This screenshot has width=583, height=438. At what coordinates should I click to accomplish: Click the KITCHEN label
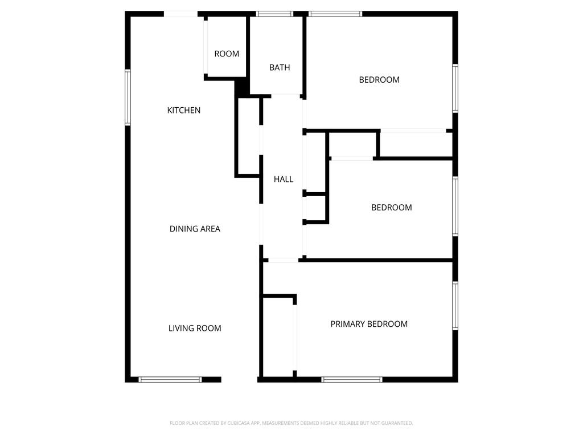183,110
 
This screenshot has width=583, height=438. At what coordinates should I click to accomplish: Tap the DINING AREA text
195,229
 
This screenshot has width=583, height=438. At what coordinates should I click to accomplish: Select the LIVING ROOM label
195,328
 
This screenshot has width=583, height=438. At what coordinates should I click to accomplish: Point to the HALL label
284,179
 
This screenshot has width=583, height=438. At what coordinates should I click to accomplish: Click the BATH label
280,67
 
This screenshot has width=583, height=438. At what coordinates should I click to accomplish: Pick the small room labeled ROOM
227,54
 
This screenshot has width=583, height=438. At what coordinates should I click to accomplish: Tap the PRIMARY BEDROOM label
369,324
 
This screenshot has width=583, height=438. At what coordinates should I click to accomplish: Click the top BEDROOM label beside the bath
379,80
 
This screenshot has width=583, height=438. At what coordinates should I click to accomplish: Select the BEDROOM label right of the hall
391,208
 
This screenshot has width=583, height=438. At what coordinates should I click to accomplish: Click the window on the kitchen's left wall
128,97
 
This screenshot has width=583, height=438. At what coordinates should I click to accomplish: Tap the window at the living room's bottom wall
170,379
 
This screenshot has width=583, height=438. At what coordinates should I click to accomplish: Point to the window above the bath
274,14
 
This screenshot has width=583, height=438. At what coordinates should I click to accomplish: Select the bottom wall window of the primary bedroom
351,379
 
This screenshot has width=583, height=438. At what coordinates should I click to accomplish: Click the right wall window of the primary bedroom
455,306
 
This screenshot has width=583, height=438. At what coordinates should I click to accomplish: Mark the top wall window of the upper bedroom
335,14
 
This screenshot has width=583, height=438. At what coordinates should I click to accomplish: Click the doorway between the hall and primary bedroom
283,261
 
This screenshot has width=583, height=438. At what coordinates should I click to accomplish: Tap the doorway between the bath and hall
285,95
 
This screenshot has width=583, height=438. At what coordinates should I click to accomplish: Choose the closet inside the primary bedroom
278,336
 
